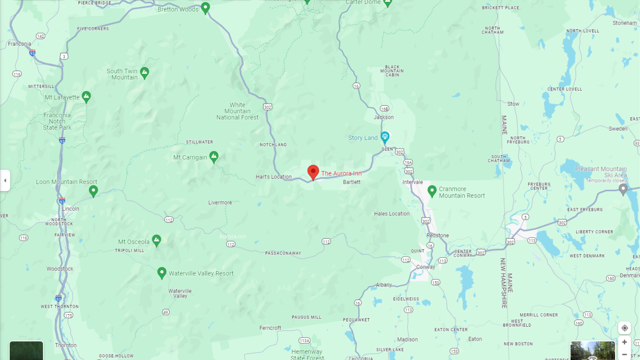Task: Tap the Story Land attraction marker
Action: click(385, 137)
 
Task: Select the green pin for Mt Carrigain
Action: click(214, 156)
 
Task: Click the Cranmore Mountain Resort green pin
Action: click(432, 191)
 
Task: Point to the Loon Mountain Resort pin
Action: click(93, 191)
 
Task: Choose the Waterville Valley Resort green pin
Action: click(162, 273)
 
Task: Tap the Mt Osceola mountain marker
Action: click(156, 240)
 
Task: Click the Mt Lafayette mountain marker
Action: click(86, 97)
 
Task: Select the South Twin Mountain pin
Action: click(144, 72)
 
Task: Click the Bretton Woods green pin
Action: click(205, 7)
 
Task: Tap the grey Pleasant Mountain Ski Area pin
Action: click(623, 189)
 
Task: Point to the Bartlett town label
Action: click(352, 182)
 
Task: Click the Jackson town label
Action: click(383, 117)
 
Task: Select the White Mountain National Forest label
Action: click(237, 111)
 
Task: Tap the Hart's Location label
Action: click(274, 177)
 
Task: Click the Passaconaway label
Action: click(283, 253)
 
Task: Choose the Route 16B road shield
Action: click(384, 109)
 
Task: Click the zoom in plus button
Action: click(624, 342)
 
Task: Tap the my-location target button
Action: click(624, 328)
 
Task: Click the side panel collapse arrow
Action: click(5, 180)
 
